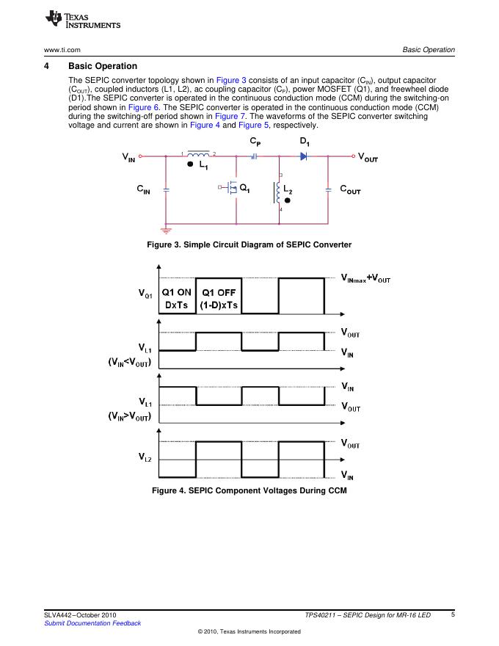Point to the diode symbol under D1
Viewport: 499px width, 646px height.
coord(302,156)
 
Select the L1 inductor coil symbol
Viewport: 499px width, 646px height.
coord(197,155)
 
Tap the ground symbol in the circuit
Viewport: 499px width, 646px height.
coord(167,230)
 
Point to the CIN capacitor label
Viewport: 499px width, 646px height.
coord(144,189)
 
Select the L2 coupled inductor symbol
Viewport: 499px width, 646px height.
coord(277,192)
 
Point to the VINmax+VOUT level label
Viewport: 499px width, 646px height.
coord(366,278)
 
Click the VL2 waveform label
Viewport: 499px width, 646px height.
coord(145,457)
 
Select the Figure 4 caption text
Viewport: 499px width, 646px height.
coord(249,490)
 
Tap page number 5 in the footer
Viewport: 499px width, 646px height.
coord(453,614)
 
